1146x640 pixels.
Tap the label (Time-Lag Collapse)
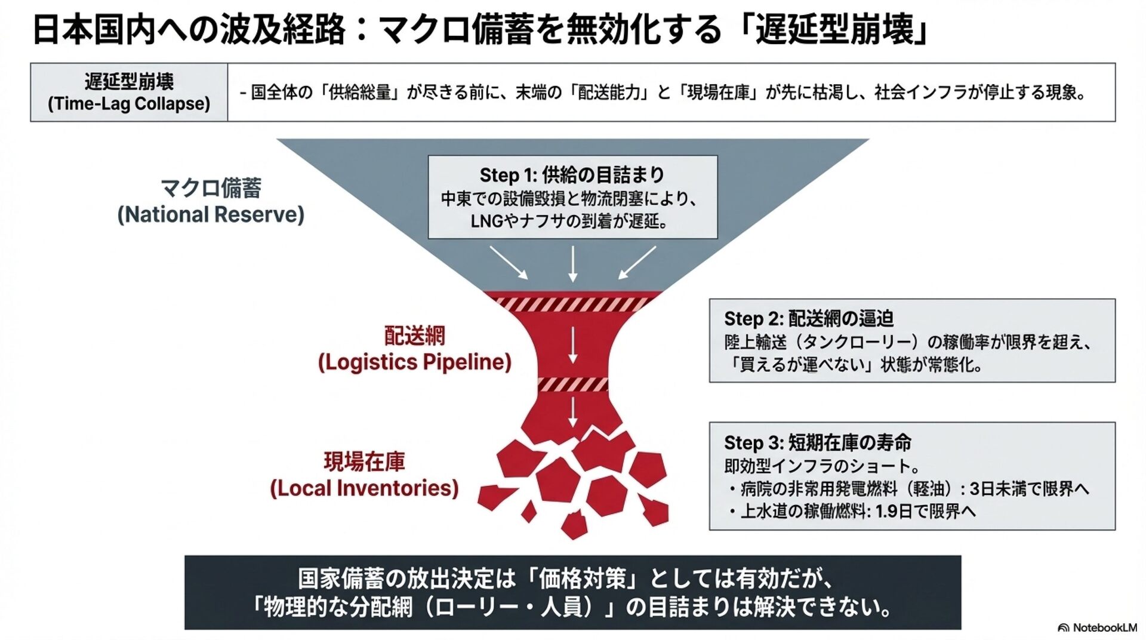pyautogui.click(x=129, y=103)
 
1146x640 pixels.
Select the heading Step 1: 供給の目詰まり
pyautogui.click(x=572, y=175)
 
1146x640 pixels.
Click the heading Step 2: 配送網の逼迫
pyautogui.click(x=809, y=319)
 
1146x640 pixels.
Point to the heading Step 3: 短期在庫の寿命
pyautogui.click(x=818, y=442)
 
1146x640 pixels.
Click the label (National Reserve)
pyautogui.click(x=211, y=214)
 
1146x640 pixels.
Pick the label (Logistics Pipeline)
pyautogui.click(x=414, y=362)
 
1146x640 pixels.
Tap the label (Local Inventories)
pyautogui.click(x=364, y=488)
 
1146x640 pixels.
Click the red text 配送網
pyautogui.click(x=414, y=336)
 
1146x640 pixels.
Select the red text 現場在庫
pyautogui.click(x=364, y=461)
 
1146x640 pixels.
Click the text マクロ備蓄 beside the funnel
pyautogui.click(x=211, y=188)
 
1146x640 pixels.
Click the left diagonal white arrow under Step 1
pyautogui.click(x=509, y=263)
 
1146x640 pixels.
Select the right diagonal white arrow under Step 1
pyautogui.click(x=637, y=263)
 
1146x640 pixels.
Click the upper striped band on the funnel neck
pyautogui.click(x=572, y=304)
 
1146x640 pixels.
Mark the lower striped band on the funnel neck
pyautogui.click(x=572, y=384)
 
